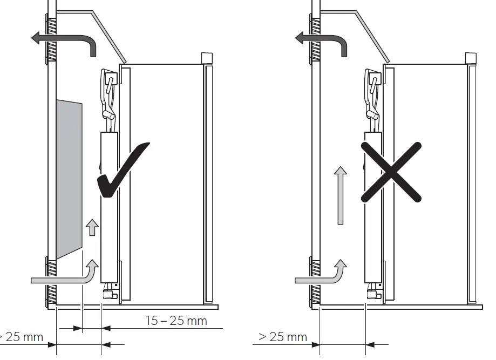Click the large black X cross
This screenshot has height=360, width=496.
391,173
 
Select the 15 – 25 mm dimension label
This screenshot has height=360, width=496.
176,321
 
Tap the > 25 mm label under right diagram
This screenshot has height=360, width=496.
283,337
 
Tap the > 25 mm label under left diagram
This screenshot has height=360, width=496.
22,337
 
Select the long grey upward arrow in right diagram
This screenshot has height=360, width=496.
339,194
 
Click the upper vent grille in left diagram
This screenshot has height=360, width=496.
52,40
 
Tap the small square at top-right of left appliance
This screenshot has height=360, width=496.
206,58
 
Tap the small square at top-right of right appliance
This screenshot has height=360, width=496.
470,58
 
